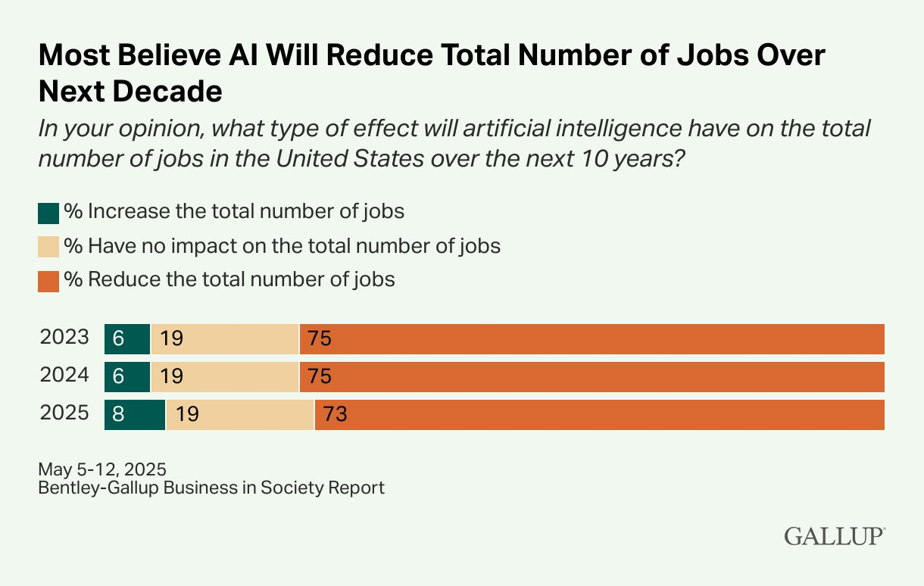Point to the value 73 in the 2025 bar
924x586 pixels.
(334, 415)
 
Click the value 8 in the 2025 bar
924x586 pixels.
(117, 415)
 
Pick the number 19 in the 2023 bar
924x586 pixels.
(172, 339)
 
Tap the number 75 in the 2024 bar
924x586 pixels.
(320, 377)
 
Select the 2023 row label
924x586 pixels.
(64, 338)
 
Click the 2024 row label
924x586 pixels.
(64, 376)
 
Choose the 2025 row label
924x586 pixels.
(64, 413)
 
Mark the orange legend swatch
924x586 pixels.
(48, 281)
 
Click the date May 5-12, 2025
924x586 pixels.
(102, 468)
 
